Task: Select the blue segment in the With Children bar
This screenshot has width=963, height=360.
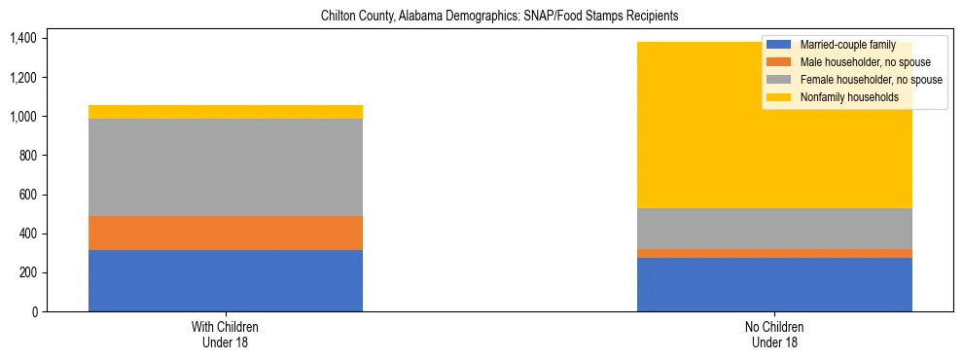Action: [226, 280]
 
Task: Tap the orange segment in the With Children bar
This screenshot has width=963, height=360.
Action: [226, 233]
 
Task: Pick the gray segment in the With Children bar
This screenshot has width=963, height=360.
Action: [226, 167]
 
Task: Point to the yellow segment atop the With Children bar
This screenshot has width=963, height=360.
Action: [226, 112]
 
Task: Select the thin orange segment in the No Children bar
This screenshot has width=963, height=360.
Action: [774, 253]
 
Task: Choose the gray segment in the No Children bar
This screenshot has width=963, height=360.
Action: [774, 229]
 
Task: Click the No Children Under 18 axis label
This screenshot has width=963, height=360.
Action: [775, 334]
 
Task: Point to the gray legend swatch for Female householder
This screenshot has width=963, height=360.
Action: [779, 80]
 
